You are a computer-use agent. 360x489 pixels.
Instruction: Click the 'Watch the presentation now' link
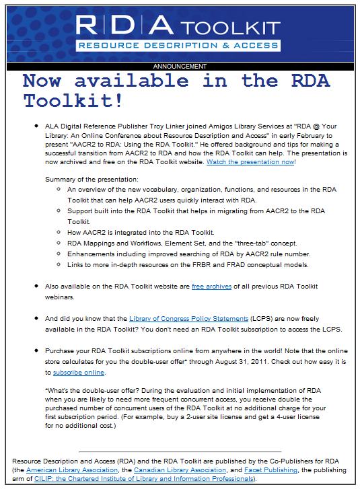[x=250, y=162]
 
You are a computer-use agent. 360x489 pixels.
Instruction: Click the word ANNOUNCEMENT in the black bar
[x=180, y=67]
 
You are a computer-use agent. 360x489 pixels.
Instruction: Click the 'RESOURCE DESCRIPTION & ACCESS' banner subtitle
[x=178, y=46]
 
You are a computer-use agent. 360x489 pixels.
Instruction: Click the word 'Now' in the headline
[x=44, y=81]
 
